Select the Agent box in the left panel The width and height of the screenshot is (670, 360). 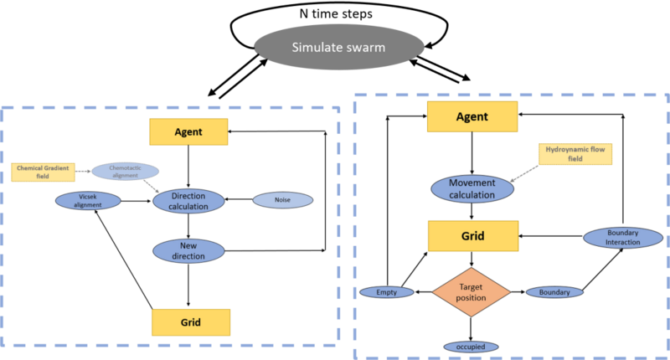pyautogui.click(x=188, y=131)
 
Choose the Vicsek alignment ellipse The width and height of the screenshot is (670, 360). pyautogui.click(x=88, y=201)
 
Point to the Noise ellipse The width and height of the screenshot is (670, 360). pyautogui.click(x=282, y=200)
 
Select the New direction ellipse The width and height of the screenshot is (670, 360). pyautogui.click(x=188, y=249)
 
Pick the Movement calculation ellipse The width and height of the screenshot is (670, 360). pyautogui.click(x=472, y=188)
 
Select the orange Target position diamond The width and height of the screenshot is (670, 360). pyautogui.click(x=471, y=292)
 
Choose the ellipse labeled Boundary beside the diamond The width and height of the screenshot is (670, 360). pyautogui.click(x=554, y=292)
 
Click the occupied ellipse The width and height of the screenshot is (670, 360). pyautogui.click(x=472, y=346)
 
